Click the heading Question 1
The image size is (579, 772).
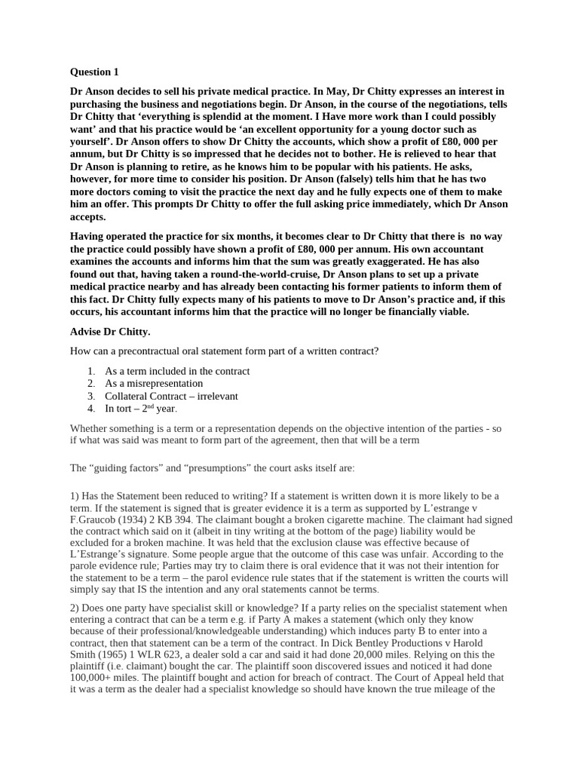click(94, 72)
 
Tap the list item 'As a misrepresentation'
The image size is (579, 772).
click(154, 383)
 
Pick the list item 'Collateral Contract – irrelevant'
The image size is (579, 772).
click(171, 396)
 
